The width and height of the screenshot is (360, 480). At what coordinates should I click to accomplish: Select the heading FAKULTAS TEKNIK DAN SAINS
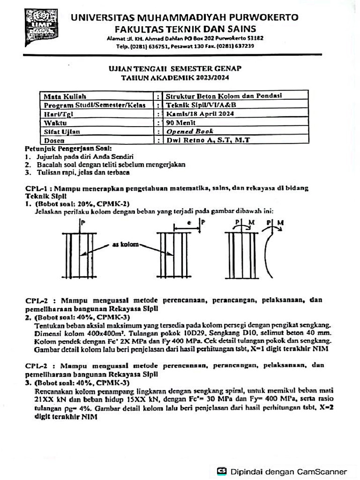185,28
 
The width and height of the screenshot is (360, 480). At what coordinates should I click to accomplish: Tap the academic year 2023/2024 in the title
207,77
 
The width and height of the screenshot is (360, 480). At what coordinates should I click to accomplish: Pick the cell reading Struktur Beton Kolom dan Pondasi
224,96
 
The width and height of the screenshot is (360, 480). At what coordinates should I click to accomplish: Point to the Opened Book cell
190,131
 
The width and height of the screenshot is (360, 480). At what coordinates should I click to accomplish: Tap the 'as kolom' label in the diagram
123,245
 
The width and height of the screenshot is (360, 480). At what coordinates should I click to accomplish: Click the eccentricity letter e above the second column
189,224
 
